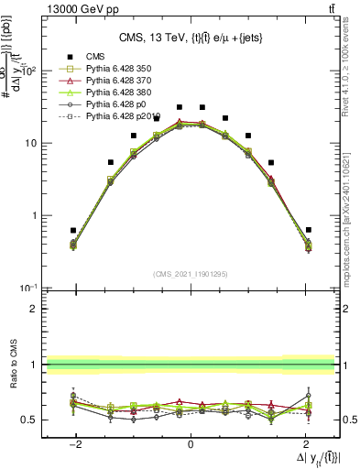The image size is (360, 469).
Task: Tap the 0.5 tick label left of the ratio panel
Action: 27,420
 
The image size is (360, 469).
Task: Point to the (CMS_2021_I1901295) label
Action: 190,275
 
